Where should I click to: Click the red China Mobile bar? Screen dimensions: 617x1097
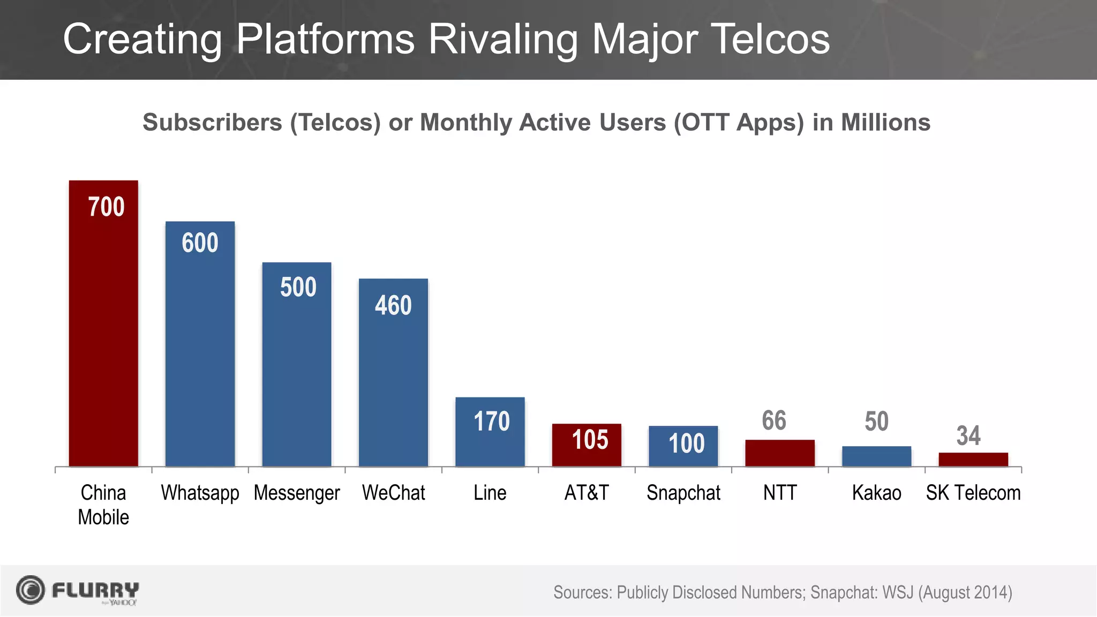(x=103, y=332)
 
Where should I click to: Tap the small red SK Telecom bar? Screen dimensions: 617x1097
(x=973, y=460)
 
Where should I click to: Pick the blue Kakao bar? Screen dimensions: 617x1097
(x=876, y=456)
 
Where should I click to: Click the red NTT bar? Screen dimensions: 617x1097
(x=780, y=453)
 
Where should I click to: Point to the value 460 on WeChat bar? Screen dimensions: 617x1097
(x=393, y=306)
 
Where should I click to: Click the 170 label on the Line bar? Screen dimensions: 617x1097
(x=491, y=422)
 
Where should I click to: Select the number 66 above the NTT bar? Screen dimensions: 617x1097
(x=774, y=420)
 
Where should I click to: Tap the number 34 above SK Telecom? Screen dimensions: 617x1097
(x=968, y=435)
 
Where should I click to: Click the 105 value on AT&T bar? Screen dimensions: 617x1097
(x=590, y=440)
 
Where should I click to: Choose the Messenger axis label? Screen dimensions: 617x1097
(x=297, y=493)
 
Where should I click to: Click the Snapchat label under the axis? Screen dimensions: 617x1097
(x=683, y=493)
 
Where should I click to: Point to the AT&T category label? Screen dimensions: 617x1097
(x=587, y=493)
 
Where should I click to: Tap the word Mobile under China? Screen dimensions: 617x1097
(x=103, y=517)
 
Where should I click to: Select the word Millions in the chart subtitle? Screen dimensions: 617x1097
(x=885, y=122)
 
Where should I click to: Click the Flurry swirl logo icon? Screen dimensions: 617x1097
(x=31, y=590)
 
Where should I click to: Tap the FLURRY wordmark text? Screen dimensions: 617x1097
(x=95, y=590)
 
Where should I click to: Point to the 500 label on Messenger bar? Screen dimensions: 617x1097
(x=298, y=288)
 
